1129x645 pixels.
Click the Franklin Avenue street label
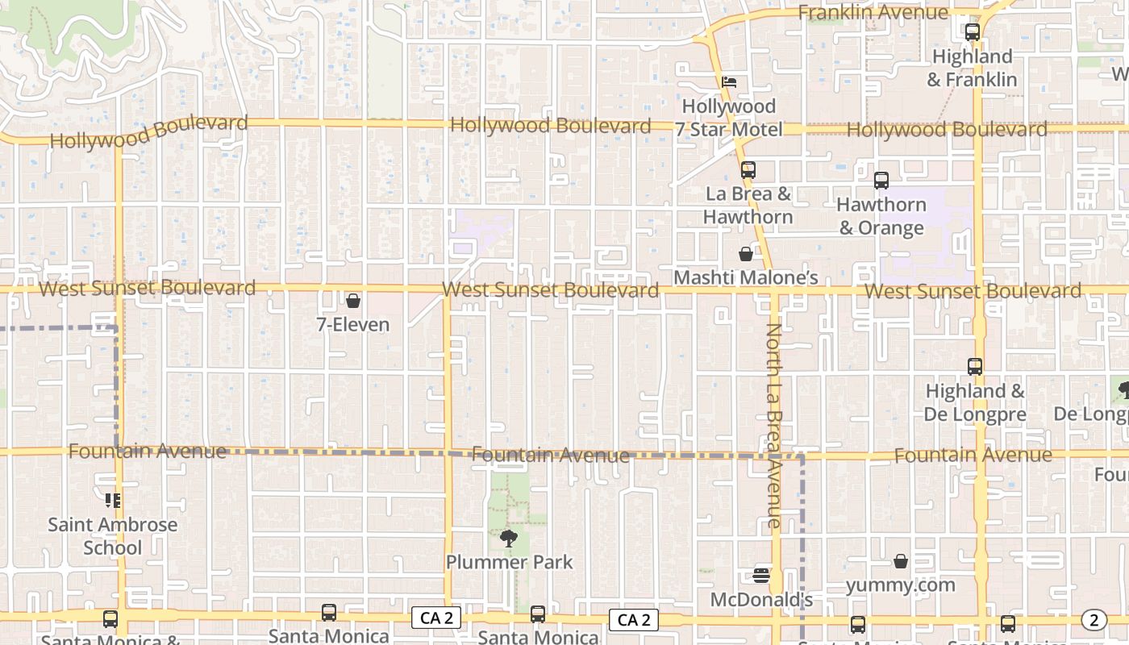tap(873, 12)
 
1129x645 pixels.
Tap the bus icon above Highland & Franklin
tap(973, 32)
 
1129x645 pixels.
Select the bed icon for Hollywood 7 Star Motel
tap(729, 82)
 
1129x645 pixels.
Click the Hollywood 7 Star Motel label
tap(729, 118)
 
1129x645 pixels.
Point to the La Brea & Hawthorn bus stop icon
tap(748, 169)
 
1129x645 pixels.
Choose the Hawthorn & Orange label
tap(881, 216)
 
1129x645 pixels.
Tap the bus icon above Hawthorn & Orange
tap(881, 181)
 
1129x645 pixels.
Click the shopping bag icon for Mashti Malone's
tap(746, 255)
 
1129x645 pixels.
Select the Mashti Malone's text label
tap(746, 278)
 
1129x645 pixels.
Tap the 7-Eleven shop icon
tap(353, 302)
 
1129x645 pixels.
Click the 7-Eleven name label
tap(353, 325)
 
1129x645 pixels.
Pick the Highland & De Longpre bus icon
tap(975, 367)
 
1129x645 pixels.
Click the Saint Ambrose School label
tap(113, 536)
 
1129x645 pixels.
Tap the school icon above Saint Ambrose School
tap(113, 501)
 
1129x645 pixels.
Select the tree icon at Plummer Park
tap(509, 538)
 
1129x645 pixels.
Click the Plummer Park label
tap(509, 562)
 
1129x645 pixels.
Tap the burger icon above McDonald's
tap(761, 576)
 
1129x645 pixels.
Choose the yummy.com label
tap(900, 585)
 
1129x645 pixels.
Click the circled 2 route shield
tap(1094, 620)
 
